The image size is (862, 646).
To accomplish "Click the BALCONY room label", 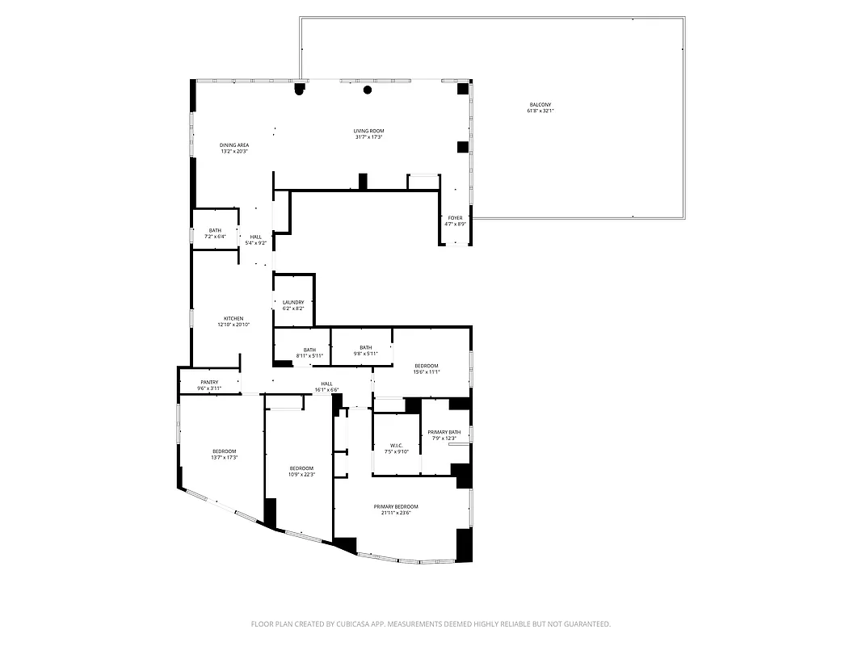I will (540, 105).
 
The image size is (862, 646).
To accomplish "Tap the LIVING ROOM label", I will (368, 131).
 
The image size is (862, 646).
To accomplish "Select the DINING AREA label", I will (234, 145).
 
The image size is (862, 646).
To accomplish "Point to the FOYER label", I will (455, 218).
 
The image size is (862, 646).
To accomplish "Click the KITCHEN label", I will (233, 318).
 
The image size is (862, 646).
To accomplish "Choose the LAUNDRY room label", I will (293, 303).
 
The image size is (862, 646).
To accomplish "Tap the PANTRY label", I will (208, 383).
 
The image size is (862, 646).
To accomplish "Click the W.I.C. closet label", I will (396, 446).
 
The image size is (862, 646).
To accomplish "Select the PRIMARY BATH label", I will (444, 432).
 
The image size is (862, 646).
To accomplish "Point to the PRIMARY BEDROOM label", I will (396, 506).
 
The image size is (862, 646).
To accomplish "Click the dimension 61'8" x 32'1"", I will (540, 111).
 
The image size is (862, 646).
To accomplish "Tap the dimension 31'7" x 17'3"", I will (368, 137).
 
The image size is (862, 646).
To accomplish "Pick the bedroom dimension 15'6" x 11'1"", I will (427, 372).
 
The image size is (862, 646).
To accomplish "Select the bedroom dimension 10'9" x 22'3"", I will (301, 475).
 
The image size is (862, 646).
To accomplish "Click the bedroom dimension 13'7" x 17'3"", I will (225, 458).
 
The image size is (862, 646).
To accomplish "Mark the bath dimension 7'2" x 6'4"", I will (215, 237).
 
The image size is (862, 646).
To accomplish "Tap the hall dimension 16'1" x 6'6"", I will (326, 390).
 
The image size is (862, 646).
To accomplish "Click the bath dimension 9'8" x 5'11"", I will (366, 354).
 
